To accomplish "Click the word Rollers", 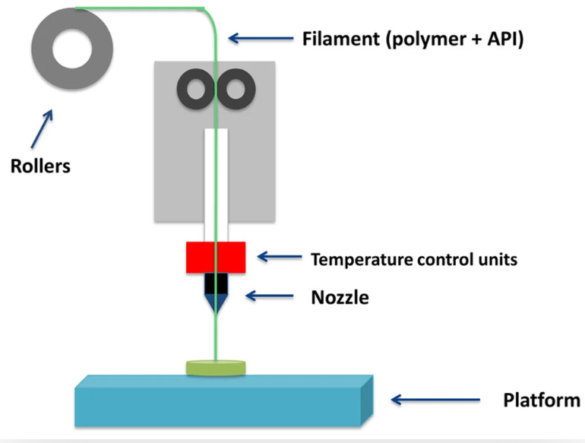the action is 40,166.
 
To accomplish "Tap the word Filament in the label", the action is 340,39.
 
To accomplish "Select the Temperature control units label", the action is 414,259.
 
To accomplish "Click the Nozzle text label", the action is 340,297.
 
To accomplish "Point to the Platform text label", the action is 542,400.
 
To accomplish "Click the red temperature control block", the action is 216,258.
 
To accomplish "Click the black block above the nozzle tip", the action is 216,283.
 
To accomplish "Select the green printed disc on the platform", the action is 216,368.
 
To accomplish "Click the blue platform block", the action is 224,400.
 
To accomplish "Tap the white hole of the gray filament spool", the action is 72,49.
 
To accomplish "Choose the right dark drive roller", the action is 236,89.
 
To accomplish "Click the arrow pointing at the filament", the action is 261,38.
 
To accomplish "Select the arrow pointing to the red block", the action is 280,256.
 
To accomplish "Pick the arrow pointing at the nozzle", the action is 270,296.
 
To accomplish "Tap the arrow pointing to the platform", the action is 435,400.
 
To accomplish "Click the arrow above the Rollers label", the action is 42,128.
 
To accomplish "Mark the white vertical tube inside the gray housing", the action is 216,185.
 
